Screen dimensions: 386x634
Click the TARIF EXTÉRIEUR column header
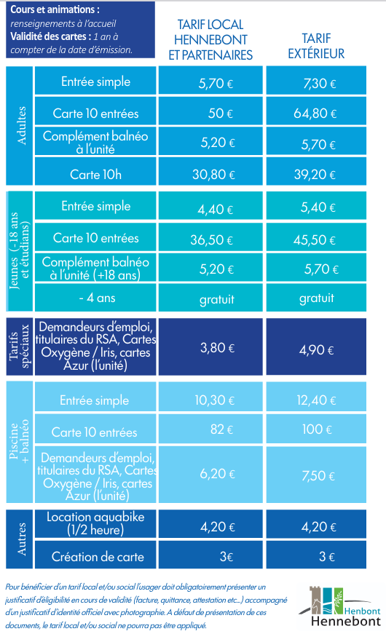click(x=316, y=46)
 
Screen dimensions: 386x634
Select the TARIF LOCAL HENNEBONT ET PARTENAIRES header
click(x=210, y=39)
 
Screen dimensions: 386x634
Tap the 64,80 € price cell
click(x=316, y=111)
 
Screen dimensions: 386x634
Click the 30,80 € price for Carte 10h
click(x=210, y=171)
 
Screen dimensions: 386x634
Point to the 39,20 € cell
click(x=316, y=171)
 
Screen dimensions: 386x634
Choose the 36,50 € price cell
click(x=210, y=237)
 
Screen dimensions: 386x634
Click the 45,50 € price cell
click(x=316, y=237)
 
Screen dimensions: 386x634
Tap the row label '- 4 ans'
click(x=97, y=298)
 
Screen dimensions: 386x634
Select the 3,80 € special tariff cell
click(x=210, y=346)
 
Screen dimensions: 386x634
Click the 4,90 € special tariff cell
click(x=316, y=346)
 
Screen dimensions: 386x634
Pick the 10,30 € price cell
click(x=210, y=397)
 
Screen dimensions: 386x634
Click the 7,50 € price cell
click(x=316, y=475)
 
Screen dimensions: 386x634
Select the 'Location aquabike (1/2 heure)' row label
click(x=95, y=523)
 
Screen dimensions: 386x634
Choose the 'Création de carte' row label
click(x=98, y=557)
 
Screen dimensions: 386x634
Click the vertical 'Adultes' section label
click(x=21, y=125)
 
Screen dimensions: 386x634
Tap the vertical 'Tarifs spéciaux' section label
click(x=19, y=346)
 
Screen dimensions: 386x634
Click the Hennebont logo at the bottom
click(x=340, y=606)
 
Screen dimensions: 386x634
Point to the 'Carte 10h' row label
click(x=95, y=174)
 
